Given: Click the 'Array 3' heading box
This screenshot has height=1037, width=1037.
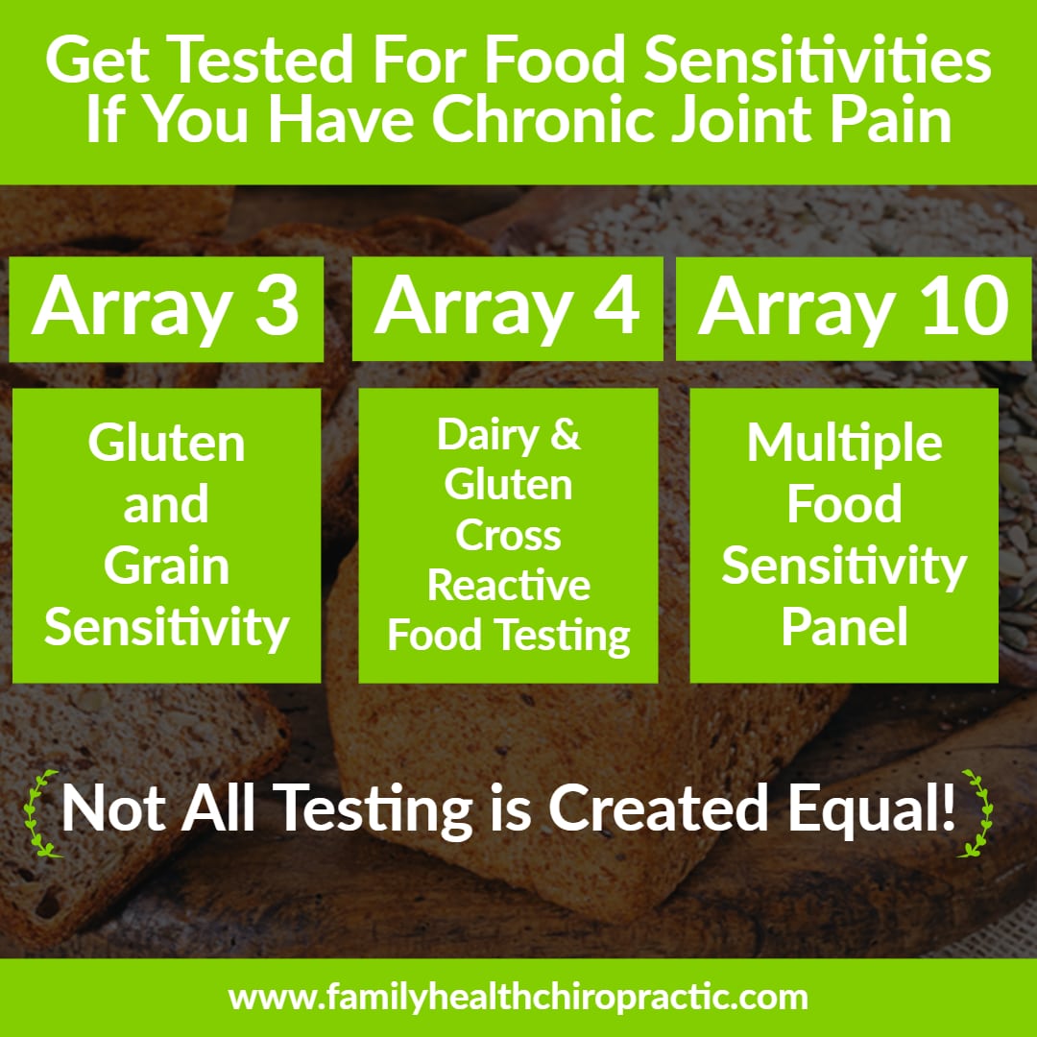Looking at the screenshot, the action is click(166, 309).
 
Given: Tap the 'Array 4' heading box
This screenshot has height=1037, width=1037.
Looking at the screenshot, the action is click(507, 309).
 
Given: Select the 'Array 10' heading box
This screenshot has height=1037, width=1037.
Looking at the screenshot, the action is click(854, 309).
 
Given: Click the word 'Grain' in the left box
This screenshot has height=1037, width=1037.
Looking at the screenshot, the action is click(167, 567).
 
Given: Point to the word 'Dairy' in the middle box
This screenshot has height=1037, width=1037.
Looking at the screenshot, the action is click(488, 435).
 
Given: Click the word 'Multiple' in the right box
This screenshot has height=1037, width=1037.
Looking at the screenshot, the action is click(845, 443).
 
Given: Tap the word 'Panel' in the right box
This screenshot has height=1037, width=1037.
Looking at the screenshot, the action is click(845, 626).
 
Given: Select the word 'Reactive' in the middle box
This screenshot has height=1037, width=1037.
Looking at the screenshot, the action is click(509, 586).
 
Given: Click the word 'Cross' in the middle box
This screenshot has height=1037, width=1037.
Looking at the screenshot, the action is click(508, 535).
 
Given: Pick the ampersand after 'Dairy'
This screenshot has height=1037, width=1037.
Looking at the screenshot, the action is click(566, 434).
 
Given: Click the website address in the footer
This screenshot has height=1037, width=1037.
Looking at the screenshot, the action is click(518, 998).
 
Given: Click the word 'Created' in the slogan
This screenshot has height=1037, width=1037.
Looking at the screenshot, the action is click(659, 808).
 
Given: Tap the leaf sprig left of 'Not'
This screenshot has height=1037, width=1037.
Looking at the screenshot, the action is click(39, 814).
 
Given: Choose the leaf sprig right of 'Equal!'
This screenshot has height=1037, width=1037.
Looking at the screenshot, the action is click(977, 813).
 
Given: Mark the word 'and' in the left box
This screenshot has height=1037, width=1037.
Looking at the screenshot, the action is click(166, 505).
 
